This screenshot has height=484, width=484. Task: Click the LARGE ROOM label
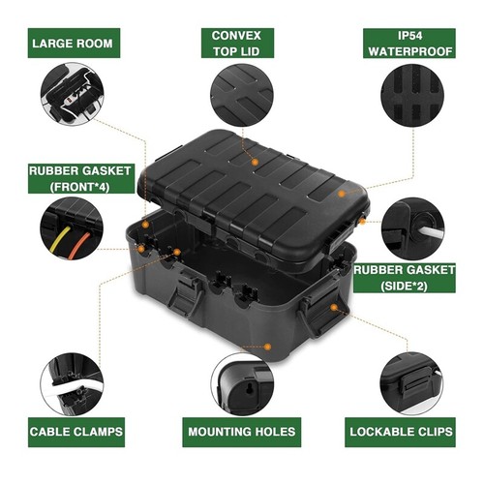click(x=72, y=43)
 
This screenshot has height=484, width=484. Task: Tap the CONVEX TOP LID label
click(x=242, y=43)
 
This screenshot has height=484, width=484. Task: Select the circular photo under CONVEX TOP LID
click(x=242, y=98)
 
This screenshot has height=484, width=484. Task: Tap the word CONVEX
click(x=242, y=35)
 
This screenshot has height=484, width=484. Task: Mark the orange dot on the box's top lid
click(x=254, y=162)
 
